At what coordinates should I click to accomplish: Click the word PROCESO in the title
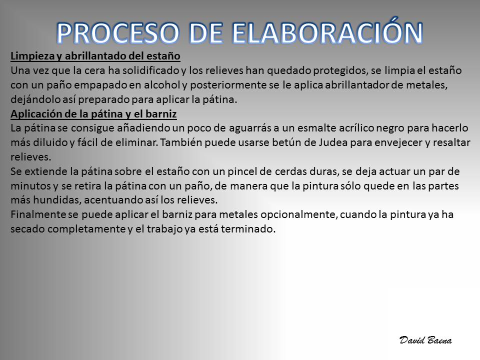(x=118, y=33)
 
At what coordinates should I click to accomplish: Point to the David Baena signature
(x=425, y=340)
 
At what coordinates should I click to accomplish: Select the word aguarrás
(x=250, y=128)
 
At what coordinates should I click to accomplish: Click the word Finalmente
(x=38, y=214)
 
